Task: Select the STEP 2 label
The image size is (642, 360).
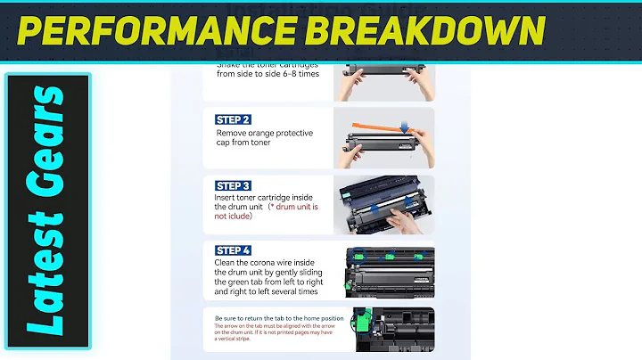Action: coord(233,119)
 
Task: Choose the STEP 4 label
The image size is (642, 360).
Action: coord(233,250)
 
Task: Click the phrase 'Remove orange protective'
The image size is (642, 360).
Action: coord(264,133)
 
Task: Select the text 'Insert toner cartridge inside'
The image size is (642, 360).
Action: coord(267,196)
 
